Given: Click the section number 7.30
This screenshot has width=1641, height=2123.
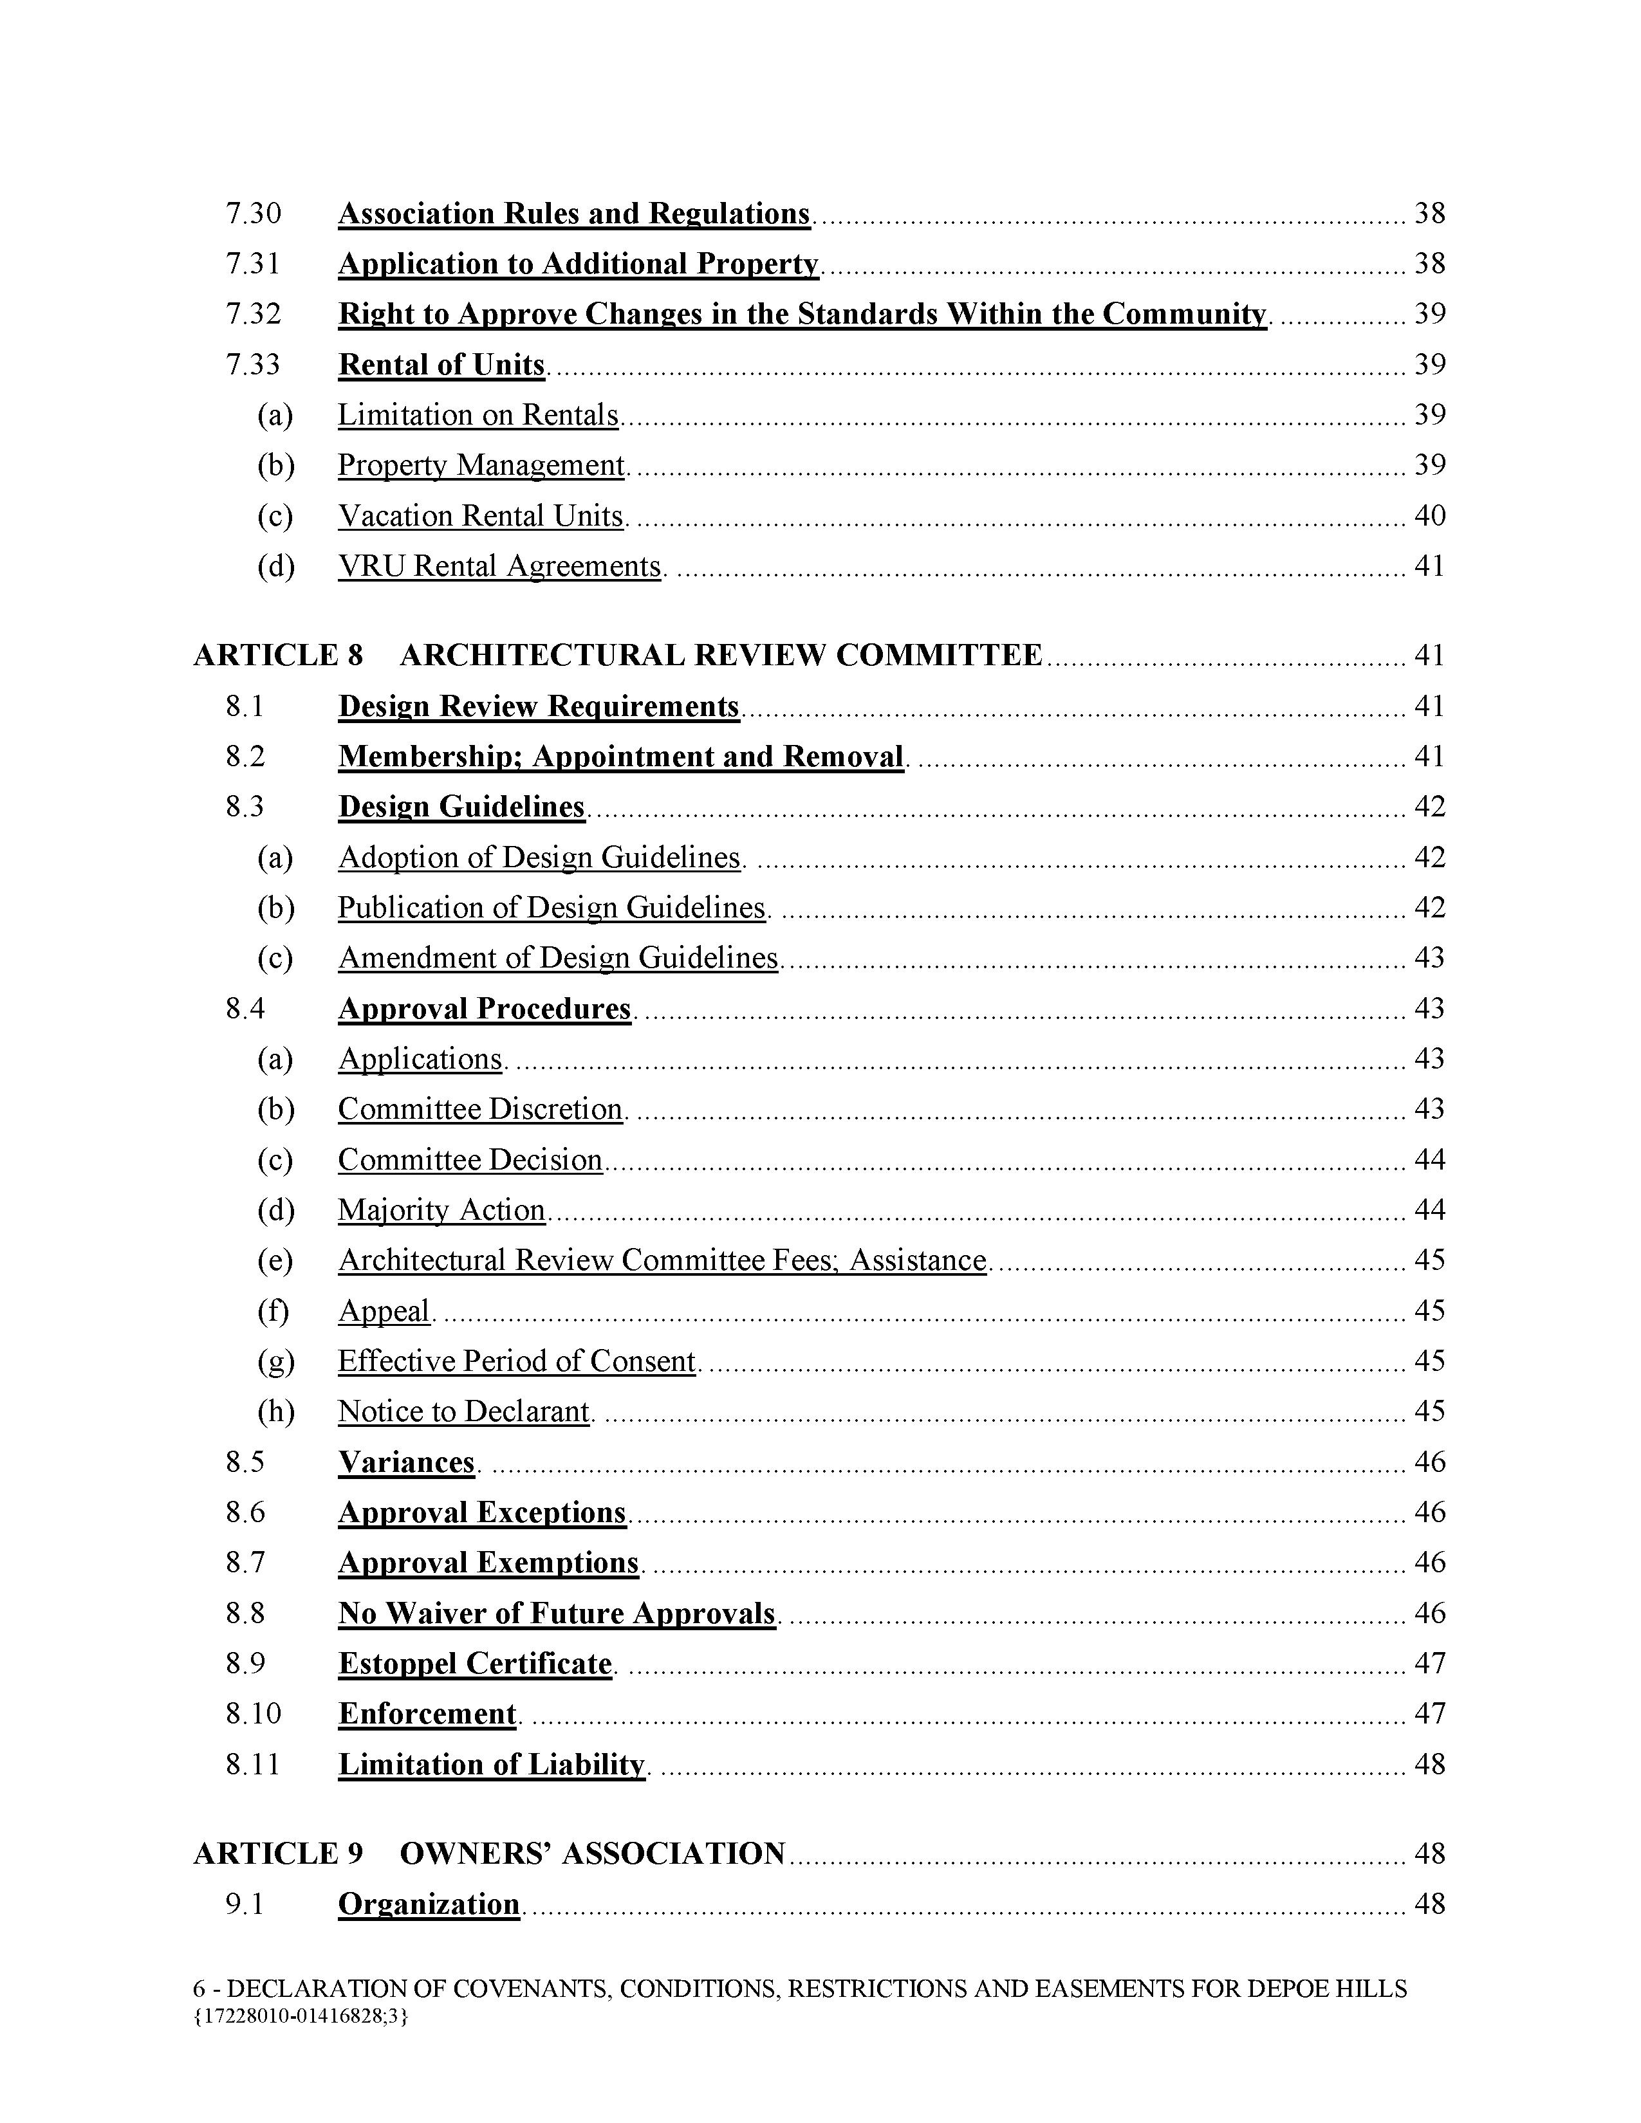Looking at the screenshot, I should coord(253,213).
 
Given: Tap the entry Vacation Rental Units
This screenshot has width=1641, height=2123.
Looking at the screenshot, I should coord(480,515).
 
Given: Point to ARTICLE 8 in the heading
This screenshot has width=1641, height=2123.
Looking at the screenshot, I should coord(278,655).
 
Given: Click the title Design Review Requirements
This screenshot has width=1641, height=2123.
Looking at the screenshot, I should coord(539,706).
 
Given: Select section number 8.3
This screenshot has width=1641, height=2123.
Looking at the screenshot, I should coord(245,807).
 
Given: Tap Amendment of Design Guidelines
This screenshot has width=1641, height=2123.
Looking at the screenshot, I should coord(558,959).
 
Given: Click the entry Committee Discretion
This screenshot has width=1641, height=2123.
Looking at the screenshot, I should coord(480,1109).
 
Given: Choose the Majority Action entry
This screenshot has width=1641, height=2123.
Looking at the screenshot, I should coord(441,1210).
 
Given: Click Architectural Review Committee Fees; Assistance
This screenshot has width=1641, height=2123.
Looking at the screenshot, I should coord(662,1261).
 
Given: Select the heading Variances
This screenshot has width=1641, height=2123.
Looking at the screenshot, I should coord(406,1462).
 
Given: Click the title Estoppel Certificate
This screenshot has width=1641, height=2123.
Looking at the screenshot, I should coord(474,1663).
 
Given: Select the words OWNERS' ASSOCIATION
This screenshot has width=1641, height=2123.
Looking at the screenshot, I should coord(592,1853).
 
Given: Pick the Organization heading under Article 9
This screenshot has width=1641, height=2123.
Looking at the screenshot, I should coord(429,1904).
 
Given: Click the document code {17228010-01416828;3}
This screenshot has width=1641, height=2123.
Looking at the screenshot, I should coord(301,2016).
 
